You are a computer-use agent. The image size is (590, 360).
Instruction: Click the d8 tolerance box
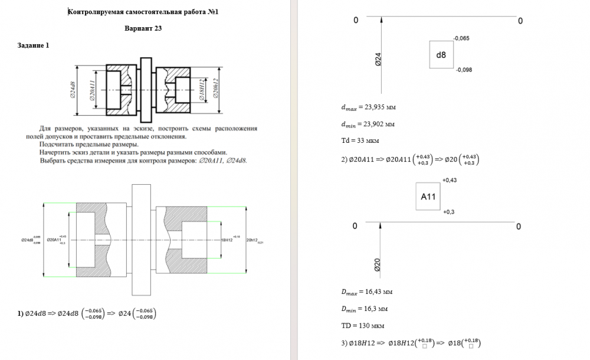pos(441,55)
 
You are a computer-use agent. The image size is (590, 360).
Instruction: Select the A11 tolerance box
pos(428,197)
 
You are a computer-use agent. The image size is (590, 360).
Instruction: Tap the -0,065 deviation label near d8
pos(461,38)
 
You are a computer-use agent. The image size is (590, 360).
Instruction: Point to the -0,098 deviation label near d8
pos(464,70)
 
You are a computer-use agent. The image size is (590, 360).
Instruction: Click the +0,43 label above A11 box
pos(450,179)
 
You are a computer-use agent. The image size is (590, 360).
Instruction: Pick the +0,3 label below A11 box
pos(448,211)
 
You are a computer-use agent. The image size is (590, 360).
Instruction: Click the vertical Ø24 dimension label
pos(378,58)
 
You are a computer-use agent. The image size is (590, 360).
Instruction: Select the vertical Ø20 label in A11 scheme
pos(378,265)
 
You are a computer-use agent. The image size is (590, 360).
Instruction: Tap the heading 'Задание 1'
pos(34,45)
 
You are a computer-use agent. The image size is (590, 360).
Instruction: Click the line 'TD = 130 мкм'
pos(360,325)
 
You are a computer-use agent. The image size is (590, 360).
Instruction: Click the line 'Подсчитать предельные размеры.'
pos(88,144)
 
